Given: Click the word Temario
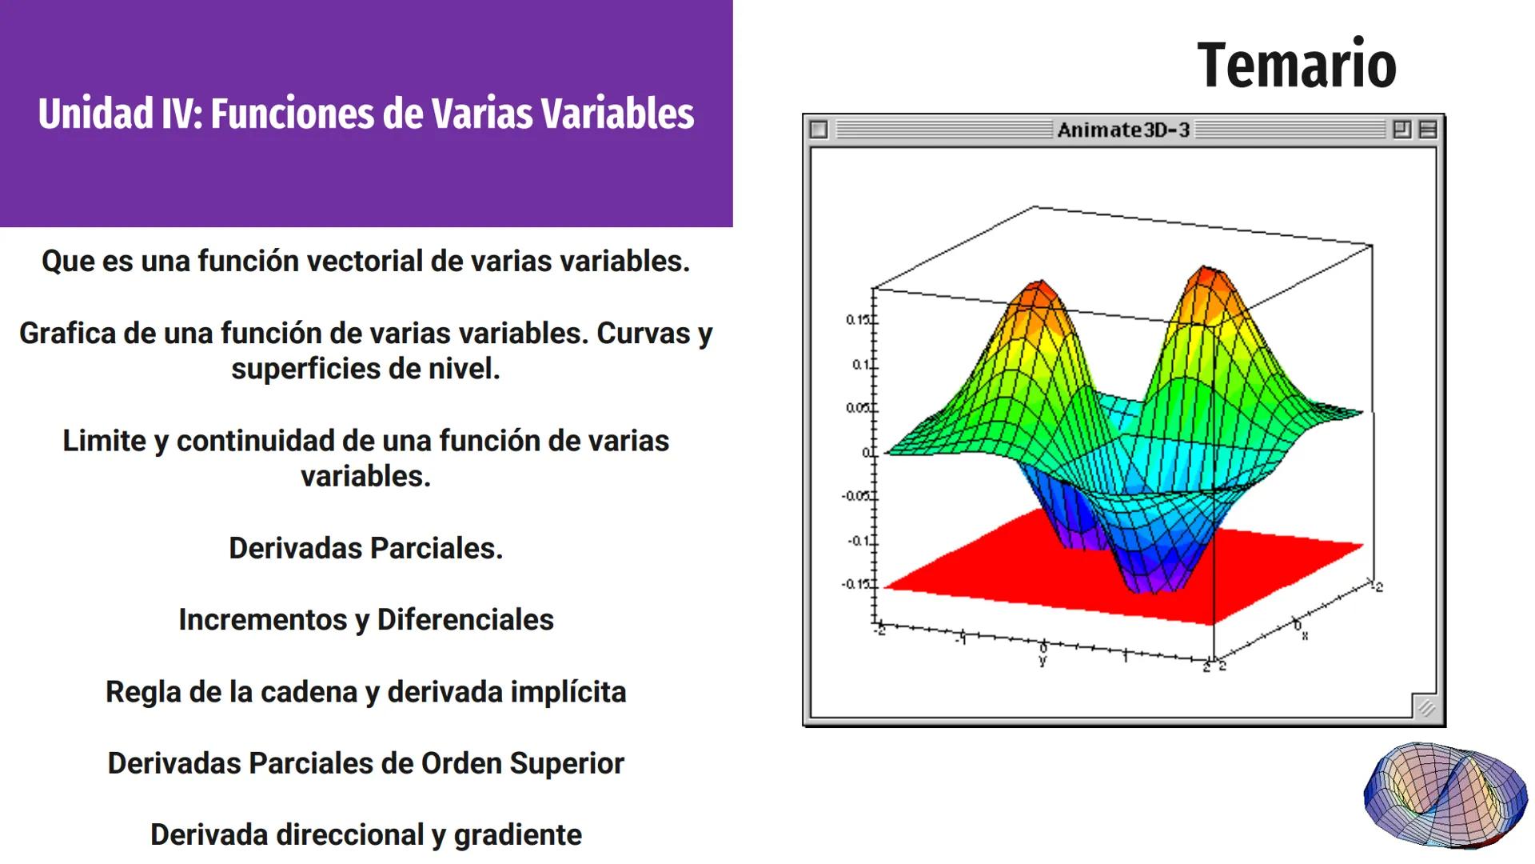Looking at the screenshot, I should click(1296, 66).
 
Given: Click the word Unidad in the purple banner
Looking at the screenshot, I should click(95, 114).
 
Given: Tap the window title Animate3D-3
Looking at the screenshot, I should click(1123, 130).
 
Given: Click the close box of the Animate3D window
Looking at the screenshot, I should click(819, 130).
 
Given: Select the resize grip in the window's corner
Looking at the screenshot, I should click(1425, 707).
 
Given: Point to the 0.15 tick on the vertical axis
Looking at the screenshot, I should click(859, 320).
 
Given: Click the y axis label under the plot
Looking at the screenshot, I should click(1043, 661).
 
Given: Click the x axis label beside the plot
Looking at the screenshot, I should click(1305, 636).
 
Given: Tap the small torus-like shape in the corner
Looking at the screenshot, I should click(1445, 795).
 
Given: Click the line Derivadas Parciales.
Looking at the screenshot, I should click(365, 548).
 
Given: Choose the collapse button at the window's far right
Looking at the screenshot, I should click(1428, 130).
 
